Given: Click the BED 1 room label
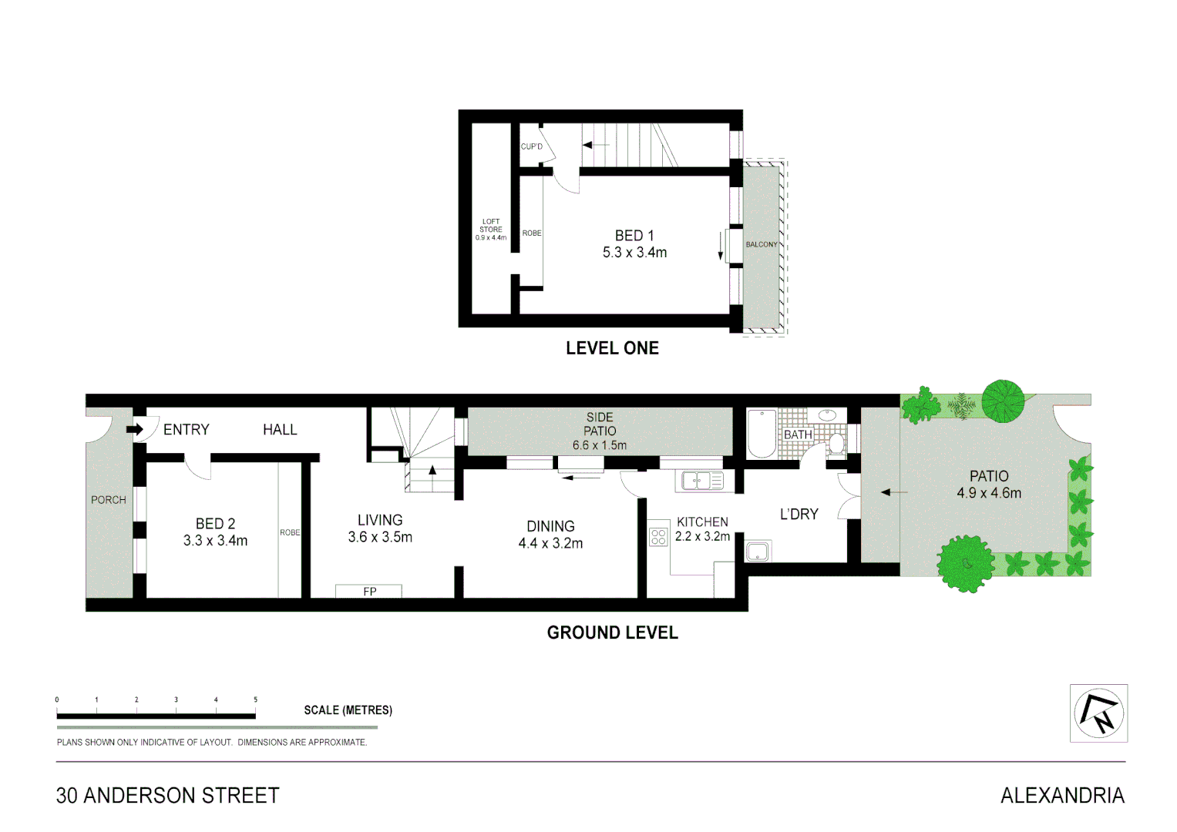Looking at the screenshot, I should [x=634, y=236].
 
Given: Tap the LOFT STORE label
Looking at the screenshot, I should [x=491, y=226].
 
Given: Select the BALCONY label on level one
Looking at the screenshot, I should [x=761, y=245].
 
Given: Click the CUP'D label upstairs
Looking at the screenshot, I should [x=531, y=146].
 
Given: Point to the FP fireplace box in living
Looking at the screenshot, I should [x=368, y=592].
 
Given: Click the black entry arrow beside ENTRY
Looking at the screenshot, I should [x=135, y=429].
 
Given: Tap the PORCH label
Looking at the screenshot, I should [x=108, y=500].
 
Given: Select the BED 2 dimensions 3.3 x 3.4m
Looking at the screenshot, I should [x=215, y=541].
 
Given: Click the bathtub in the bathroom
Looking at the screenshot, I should [x=762, y=434].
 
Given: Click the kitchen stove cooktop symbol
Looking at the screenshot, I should [x=658, y=536].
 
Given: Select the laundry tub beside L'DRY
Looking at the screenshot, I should [x=758, y=552].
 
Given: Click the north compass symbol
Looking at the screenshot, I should [x=1098, y=713].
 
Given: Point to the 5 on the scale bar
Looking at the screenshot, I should [x=255, y=700].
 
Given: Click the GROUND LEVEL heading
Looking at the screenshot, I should [x=612, y=633].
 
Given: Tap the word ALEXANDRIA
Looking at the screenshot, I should [x=1062, y=796].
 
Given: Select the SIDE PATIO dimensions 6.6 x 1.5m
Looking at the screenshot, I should [x=599, y=445].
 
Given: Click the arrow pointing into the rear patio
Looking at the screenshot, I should [x=894, y=492].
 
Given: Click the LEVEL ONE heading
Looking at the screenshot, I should [x=612, y=348].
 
